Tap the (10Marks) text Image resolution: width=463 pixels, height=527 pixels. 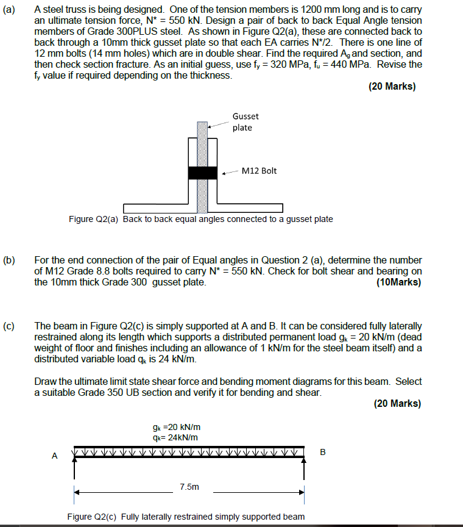399,282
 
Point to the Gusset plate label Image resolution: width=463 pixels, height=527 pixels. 245,121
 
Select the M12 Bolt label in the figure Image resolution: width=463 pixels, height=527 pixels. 259,171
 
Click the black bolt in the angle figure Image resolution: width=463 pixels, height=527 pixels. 202,173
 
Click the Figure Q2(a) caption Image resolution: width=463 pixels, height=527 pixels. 200,219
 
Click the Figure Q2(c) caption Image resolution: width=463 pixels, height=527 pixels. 186,517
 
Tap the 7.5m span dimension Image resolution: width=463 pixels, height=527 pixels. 189,487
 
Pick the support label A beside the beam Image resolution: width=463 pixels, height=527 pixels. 55,455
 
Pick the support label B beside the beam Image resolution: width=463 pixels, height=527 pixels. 323,452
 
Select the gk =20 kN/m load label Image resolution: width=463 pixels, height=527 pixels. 177,427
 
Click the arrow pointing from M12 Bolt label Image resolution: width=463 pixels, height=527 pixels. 230,173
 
